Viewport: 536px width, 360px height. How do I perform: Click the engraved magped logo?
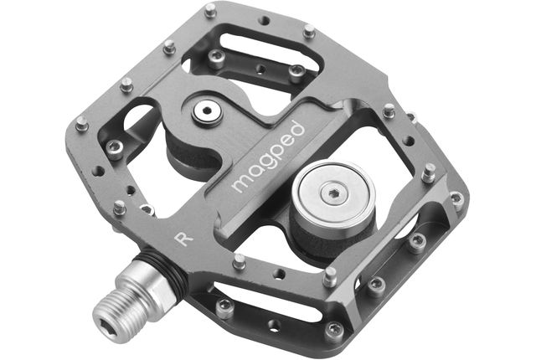[268, 157]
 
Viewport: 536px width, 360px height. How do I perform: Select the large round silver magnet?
[333, 196]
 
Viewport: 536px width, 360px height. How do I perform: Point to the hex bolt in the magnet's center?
[334, 193]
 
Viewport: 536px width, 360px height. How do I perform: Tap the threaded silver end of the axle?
[119, 316]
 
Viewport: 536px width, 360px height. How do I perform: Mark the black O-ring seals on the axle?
[167, 270]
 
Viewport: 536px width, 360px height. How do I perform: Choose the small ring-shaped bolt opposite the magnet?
[207, 111]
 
